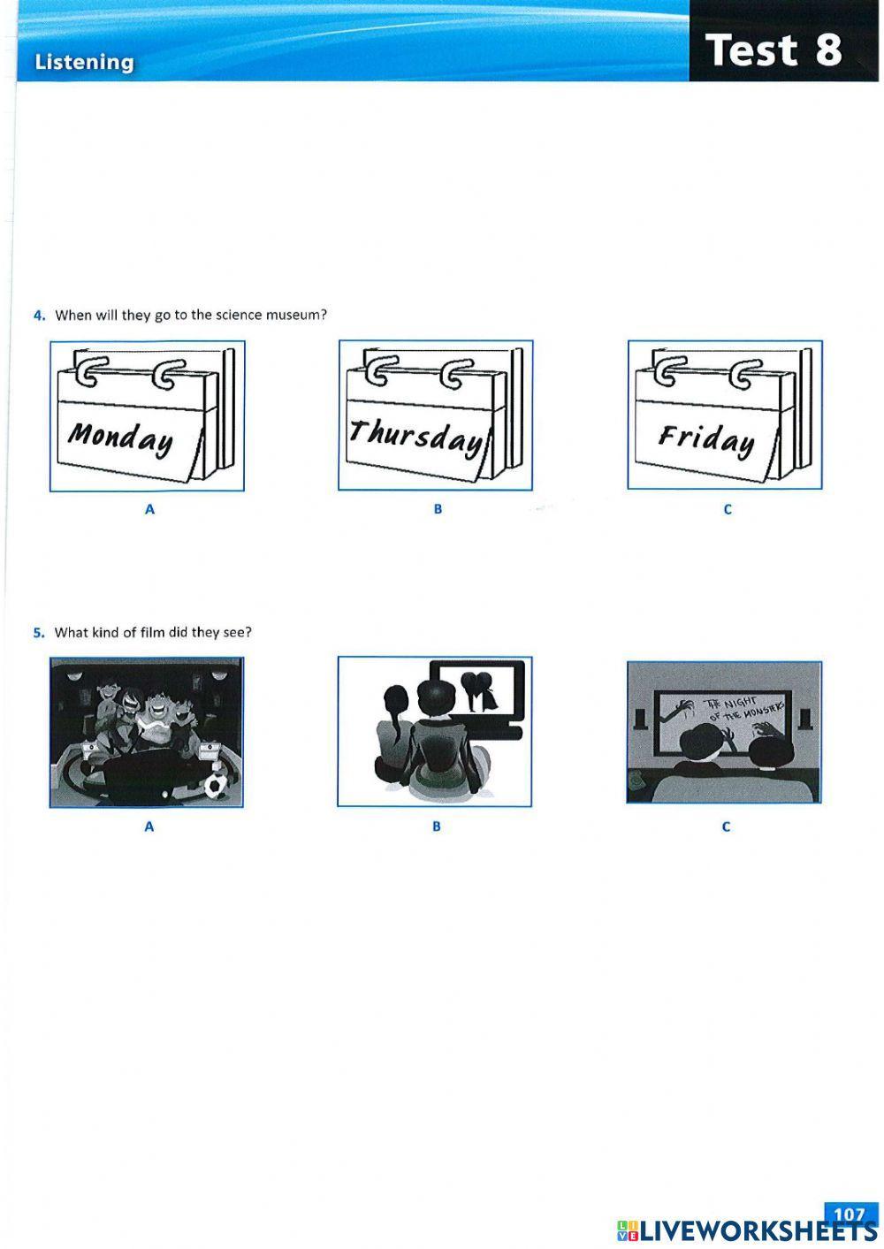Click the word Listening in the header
coord(84,62)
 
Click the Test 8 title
coord(773,50)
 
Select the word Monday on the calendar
coord(121,437)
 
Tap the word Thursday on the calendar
coord(415,435)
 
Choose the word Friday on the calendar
coord(706,438)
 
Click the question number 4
coord(39,315)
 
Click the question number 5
coord(39,632)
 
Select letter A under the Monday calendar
coord(149,509)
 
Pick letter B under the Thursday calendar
coord(438,509)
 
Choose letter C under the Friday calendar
coord(727,509)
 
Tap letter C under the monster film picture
coord(726,826)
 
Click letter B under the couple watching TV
coord(437,826)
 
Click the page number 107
coord(849,1214)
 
